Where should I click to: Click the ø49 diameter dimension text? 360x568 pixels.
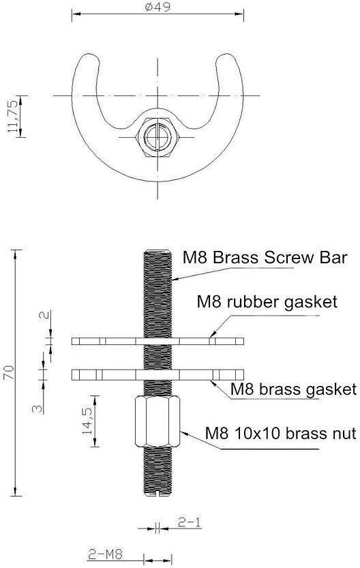(x=157, y=7)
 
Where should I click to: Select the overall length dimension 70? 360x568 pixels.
(x=9, y=372)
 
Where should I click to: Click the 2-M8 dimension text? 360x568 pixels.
(x=106, y=554)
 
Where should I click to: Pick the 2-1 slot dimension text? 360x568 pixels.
(x=190, y=522)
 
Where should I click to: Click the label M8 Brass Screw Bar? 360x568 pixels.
(x=265, y=258)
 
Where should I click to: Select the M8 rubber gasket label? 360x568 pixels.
(x=267, y=302)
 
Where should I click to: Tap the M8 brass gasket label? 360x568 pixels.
(x=293, y=390)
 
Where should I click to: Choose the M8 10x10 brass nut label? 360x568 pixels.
(x=280, y=433)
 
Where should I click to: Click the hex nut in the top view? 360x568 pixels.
(x=158, y=137)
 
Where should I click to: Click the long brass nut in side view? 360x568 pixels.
(x=157, y=421)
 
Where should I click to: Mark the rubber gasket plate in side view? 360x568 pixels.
(x=157, y=341)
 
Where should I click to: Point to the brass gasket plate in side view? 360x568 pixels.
(x=157, y=374)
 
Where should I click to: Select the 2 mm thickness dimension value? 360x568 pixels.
(x=44, y=315)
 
